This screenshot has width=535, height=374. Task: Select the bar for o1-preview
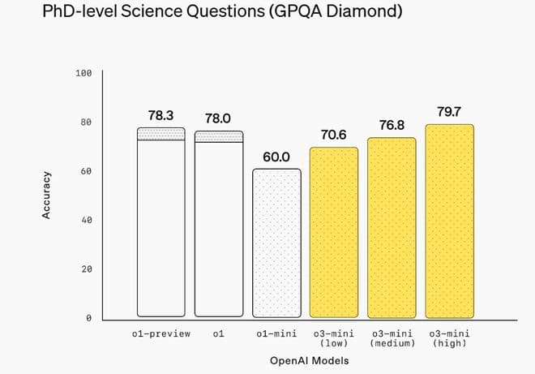[x=161, y=227]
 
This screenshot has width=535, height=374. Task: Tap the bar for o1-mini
[x=276, y=243]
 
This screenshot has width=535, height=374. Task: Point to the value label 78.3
[x=161, y=116]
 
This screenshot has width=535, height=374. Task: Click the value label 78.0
[x=219, y=118]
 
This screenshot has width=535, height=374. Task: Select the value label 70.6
[x=334, y=135]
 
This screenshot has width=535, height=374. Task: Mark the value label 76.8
[x=392, y=125]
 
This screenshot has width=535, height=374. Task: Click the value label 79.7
[x=450, y=111]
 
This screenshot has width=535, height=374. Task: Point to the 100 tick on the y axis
[x=83, y=73]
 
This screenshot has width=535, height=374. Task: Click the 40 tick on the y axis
[x=86, y=220]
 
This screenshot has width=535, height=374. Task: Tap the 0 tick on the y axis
[x=89, y=318]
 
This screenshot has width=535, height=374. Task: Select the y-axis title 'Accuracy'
[x=47, y=195]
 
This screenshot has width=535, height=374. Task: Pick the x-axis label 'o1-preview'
[x=161, y=333]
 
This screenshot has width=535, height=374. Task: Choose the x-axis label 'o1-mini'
[x=276, y=333]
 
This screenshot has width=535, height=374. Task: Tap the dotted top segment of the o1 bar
[x=219, y=136]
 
